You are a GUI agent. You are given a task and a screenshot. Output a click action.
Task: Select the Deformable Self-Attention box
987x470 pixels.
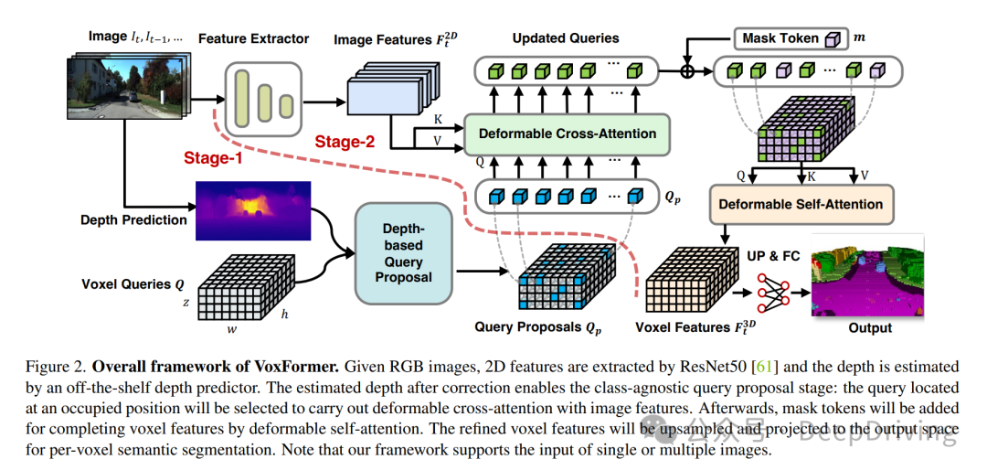point(801,205)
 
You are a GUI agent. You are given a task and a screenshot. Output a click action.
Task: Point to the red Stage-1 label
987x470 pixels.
point(212,159)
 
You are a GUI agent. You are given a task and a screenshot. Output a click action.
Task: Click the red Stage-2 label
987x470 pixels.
point(345,142)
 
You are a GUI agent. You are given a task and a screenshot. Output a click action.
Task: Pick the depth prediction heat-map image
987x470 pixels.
point(252,208)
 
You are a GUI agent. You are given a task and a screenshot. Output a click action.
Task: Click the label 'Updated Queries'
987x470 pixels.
point(565,38)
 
